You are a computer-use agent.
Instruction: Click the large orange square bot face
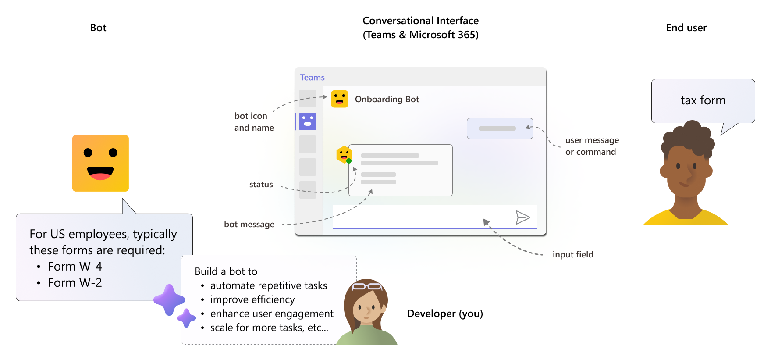100,163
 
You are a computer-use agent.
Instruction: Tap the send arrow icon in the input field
523,217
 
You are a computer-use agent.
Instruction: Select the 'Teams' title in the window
312,78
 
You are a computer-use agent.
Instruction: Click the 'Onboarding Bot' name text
387,99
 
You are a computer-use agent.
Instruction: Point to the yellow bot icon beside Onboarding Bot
339,99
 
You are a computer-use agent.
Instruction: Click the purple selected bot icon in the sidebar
308,121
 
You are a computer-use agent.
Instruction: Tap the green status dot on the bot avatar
349,161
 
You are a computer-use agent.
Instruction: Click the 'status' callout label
261,185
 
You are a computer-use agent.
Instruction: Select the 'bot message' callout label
249,224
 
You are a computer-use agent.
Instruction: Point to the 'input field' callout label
572,254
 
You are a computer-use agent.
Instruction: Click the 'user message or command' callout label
592,146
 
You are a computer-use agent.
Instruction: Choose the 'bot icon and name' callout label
254,122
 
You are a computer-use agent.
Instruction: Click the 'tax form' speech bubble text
703,100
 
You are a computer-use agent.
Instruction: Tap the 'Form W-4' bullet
75,266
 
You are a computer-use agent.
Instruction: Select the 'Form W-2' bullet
75,282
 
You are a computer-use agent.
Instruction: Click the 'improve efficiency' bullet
252,299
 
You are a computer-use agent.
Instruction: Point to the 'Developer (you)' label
444,314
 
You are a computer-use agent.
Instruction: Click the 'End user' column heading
686,28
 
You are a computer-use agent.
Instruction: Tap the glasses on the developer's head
367,286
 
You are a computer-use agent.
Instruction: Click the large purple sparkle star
169,299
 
